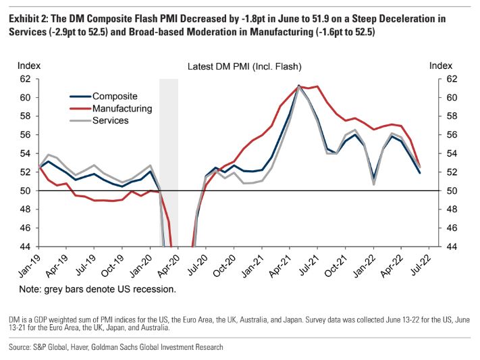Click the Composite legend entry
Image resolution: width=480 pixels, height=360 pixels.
[x=114, y=97]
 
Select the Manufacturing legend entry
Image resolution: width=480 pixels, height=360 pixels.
[x=122, y=108]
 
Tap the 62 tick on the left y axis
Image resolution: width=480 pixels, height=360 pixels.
[x=26, y=79]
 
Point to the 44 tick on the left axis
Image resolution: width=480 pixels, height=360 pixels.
[x=26, y=247]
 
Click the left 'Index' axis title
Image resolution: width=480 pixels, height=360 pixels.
[x=30, y=66]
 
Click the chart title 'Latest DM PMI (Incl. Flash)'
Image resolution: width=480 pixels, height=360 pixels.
[x=244, y=66]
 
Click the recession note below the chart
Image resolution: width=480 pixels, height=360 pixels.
[x=97, y=290]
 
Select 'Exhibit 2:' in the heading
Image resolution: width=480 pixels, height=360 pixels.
[x=30, y=19]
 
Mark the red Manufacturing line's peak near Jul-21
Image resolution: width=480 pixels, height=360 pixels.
[x=317, y=86]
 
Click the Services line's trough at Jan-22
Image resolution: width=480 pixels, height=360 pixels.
[x=373, y=184]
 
